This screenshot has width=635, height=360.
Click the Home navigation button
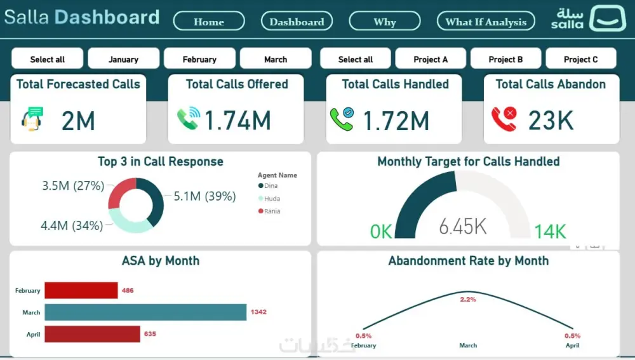tap(209, 22)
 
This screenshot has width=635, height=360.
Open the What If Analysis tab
tap(486, 22)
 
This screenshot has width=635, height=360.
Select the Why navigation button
tap(384, 22)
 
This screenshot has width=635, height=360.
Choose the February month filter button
tap(199, 59)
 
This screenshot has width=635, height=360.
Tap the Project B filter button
tap(505, 59)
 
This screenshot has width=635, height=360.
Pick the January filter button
tap(123, 59)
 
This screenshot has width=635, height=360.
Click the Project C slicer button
tap(580, 59)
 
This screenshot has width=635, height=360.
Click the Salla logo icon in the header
tap(607, 18)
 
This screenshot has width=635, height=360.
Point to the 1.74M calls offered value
tap(237, 121)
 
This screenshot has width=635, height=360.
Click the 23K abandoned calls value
tap(551, 121)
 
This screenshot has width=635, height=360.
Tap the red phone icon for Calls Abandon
tap(504, 119)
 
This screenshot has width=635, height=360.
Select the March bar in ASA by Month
tap(145, 312)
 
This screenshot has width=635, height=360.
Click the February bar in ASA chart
tap(81, 290)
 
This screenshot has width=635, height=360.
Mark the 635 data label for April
tap(150, 334)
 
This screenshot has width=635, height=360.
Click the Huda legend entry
tap(271, 199)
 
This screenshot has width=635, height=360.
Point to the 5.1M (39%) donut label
tap(204, 196)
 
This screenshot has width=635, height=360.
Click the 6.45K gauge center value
tap(463, 226)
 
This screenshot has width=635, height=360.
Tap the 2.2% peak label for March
tap(468, 299)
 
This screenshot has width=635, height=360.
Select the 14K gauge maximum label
tap(549, 232)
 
